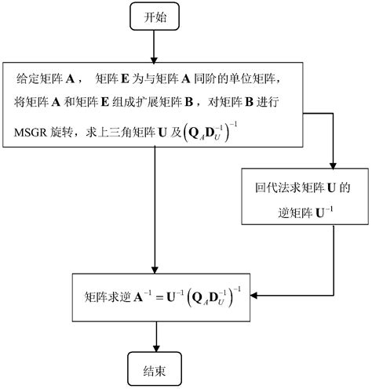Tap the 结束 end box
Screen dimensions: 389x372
click(x=156, y=366)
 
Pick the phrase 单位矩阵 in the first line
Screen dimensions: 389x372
click(x=244, y=79)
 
